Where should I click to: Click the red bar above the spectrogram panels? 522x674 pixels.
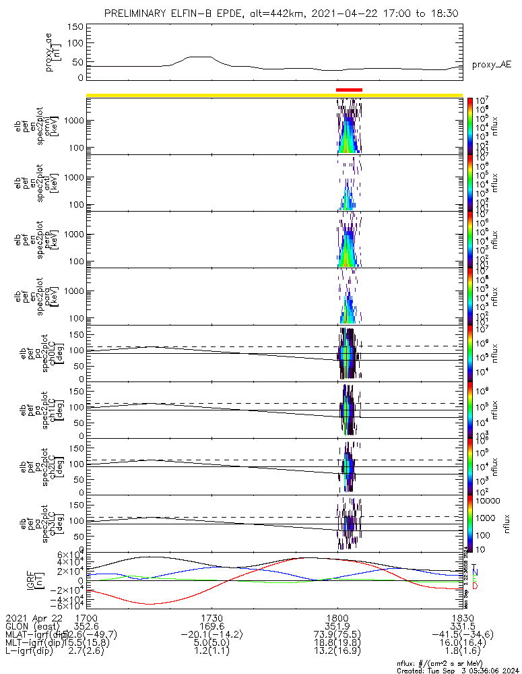349,89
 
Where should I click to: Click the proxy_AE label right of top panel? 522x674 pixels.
492,65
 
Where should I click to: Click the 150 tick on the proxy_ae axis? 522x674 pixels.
75,26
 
